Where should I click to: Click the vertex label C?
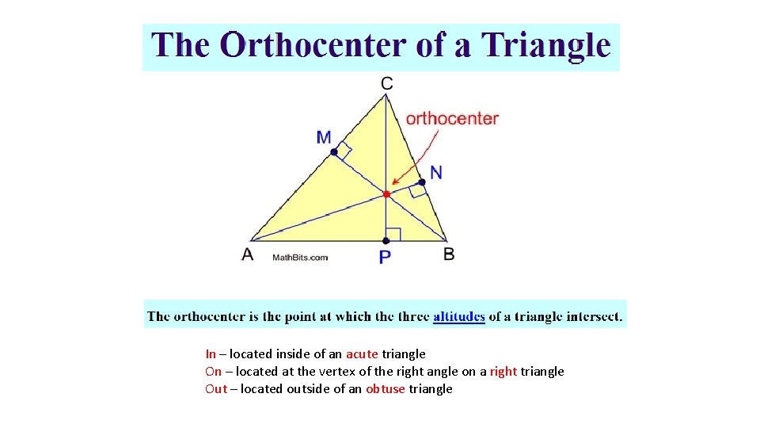tap(386, 83)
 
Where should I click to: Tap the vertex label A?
tap(248, 254)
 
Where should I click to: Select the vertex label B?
tap(449, 254)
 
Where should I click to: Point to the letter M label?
tap(324, 137)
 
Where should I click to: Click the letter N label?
tap(436, 172)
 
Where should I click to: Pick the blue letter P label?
tap(385, 257)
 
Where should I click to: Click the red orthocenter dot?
tap(386, 193)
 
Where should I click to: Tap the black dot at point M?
tap(334, 151)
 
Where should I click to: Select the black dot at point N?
tap(422, 182)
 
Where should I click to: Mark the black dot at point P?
tap(386, 240)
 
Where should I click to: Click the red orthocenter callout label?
tap(452, 119)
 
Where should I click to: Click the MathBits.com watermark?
tap(300, 257)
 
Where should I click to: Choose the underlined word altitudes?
tap(459, 317)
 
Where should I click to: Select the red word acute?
tap(362, 354)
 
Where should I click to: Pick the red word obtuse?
tap(386, 389)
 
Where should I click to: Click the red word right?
tap(503, 372)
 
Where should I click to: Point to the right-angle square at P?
tap(393, 234)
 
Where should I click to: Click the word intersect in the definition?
tap(592, 317)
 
